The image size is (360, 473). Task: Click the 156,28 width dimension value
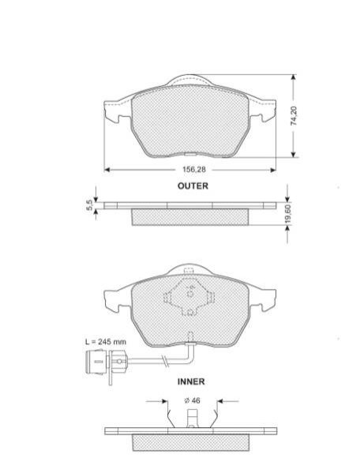click(x=194, y=170)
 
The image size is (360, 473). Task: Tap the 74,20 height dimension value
click(x=294, y=115)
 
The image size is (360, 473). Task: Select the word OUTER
click(x=193, y=186)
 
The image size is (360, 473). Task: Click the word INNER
click(x=191, y=381)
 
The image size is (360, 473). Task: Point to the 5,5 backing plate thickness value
click(x=89, y=206)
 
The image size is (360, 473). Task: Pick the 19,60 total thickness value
click(x=288, y=214)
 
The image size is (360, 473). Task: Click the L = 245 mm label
click(x=106, y=342)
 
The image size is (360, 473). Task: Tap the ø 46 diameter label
click(x=192, y=400)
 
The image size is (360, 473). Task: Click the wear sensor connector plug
click(x=96, y=362)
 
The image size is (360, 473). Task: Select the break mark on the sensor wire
click(x=165, y=360)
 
